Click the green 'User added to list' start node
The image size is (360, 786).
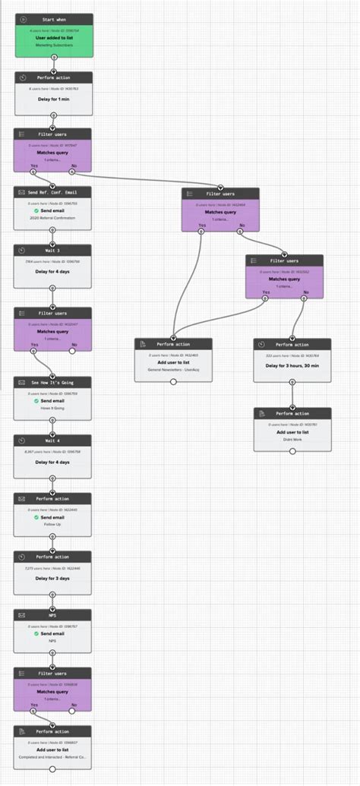[x=53, y=38]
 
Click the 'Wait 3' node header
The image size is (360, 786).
[x=53, y=250]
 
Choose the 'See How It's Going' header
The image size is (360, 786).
[x=53, y=381]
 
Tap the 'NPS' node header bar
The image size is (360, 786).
[x=53, y=615]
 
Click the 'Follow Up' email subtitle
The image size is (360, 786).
[x=53, y=525]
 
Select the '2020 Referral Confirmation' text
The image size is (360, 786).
[x=53, y=218]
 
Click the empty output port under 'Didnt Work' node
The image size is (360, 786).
[x=292, y=451]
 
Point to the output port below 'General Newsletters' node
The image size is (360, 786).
[x=173, y=382]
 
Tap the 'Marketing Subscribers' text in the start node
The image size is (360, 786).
[x=53, y=46]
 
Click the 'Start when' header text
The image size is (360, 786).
[x=53, y=18]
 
